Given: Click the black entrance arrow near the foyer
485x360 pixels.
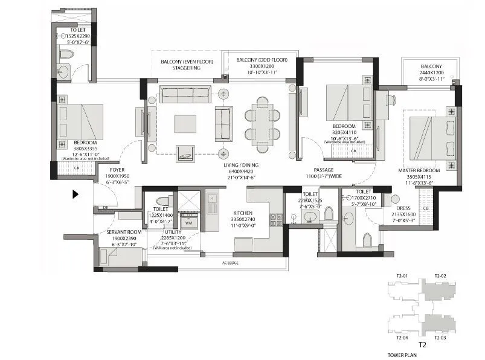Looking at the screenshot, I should point(75,194).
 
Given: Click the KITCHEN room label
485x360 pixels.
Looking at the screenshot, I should point(242,213).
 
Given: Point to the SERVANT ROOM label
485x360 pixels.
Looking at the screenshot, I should point(123,232).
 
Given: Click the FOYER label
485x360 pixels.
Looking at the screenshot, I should point(117,170).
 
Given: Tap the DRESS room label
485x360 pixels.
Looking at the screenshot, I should point(403,208).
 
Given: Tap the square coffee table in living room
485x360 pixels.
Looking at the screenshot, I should point(185,124).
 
